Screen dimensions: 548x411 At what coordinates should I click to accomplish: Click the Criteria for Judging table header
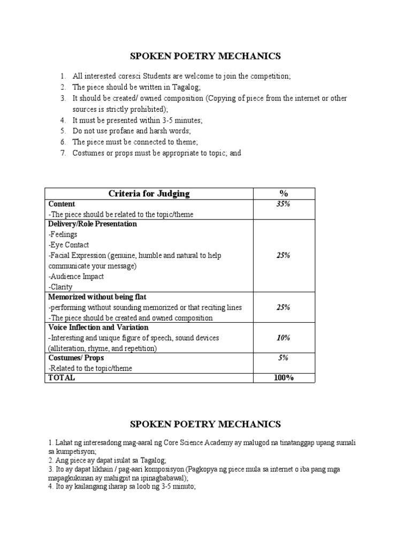[149, 194]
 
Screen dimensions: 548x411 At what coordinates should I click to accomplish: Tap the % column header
[284, 194]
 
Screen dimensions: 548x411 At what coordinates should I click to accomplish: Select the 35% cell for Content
[284, 204]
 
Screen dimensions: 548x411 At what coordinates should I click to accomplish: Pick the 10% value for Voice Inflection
[284, 338]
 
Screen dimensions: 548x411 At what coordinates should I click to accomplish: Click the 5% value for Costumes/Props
[284, 357]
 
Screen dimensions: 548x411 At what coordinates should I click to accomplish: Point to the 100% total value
[284, 378]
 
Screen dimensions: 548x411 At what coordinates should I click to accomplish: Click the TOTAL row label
[62, 378]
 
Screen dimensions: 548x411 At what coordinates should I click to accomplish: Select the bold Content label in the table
[62, 204]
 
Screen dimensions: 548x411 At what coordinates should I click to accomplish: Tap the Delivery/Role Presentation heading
[93, 224]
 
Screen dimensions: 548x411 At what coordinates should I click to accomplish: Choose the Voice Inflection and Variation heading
[98, 328]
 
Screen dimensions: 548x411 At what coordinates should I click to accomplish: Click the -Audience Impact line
[76, 277]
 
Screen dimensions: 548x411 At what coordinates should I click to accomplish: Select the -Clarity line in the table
[60, 287]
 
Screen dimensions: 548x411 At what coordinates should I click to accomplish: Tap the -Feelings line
[63, 234]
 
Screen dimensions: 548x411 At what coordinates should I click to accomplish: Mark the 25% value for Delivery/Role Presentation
[284, 256]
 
